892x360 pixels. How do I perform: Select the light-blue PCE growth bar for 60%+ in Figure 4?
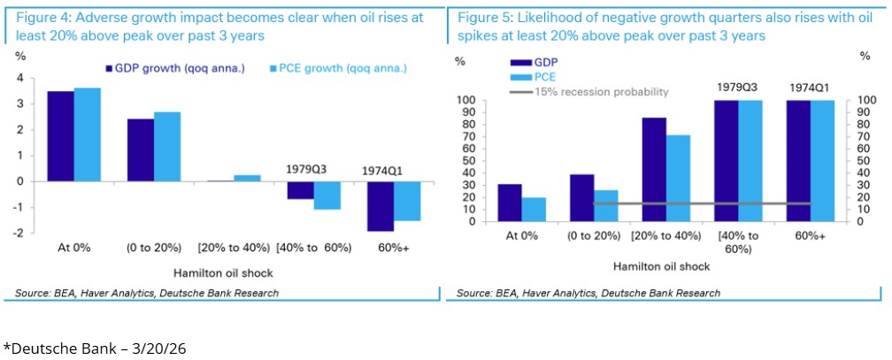408,201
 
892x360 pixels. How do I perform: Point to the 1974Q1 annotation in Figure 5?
809,88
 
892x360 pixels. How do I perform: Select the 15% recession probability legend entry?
591,92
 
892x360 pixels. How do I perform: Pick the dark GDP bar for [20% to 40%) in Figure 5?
654,169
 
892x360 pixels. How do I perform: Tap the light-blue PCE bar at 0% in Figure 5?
534,209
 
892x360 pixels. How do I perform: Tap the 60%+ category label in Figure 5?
810,235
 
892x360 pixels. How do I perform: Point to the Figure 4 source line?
147,293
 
